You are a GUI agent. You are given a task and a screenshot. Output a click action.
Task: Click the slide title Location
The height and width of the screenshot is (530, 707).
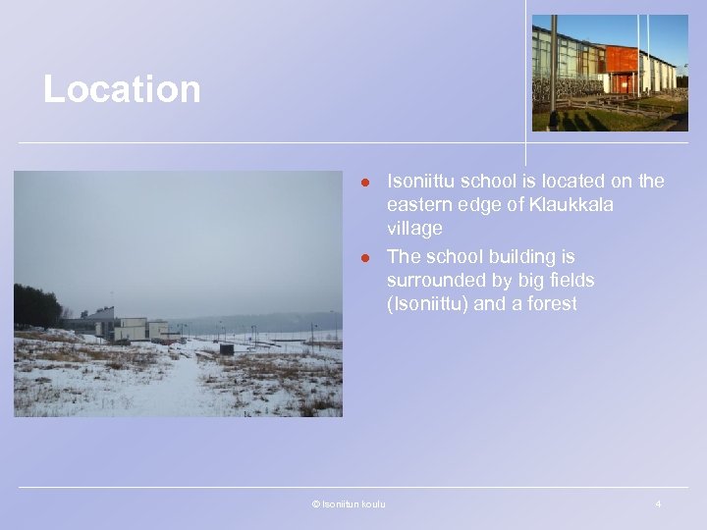[122, 90]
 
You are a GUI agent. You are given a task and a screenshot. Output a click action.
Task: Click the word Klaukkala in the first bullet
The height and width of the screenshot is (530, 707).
[572, 205]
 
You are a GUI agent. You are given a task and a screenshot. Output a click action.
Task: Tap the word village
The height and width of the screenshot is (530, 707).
[414, 229]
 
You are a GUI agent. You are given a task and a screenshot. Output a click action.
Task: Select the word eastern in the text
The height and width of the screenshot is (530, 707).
[422, 205]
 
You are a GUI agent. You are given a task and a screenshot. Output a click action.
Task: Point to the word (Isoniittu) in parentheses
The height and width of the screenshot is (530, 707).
[427, 304]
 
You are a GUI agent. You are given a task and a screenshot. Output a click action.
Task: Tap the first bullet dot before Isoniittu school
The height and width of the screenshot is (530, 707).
[364, 183]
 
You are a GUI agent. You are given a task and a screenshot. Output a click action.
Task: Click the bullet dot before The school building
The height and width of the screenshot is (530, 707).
[364, 258]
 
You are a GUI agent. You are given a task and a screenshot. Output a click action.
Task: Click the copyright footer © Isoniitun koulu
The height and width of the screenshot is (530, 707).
[348, 504]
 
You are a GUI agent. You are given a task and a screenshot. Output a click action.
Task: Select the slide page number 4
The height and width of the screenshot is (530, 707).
[657, 504]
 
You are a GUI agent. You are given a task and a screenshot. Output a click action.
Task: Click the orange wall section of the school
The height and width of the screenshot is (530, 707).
[621, 60]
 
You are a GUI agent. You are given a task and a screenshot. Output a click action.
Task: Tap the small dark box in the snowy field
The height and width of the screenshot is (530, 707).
[227, 348]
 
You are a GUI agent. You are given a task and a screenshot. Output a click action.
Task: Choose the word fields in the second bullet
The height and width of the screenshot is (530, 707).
[571, 281]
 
